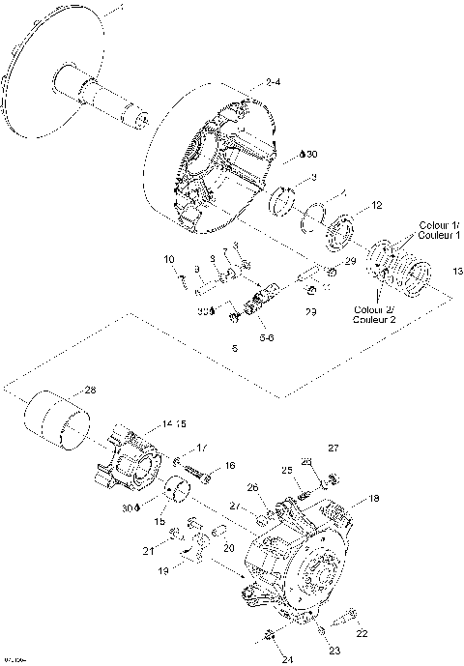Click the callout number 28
90,391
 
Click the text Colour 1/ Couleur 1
439,230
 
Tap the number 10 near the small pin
168,259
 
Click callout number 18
374,499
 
